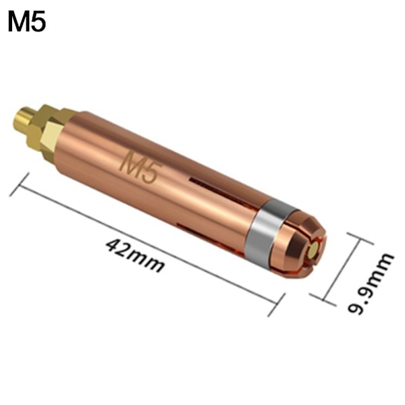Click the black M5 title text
(x=27, y=22)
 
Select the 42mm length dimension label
(x=135, y=254)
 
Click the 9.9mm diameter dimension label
(x=371, y=283)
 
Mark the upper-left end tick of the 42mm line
(x=20, y=185)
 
